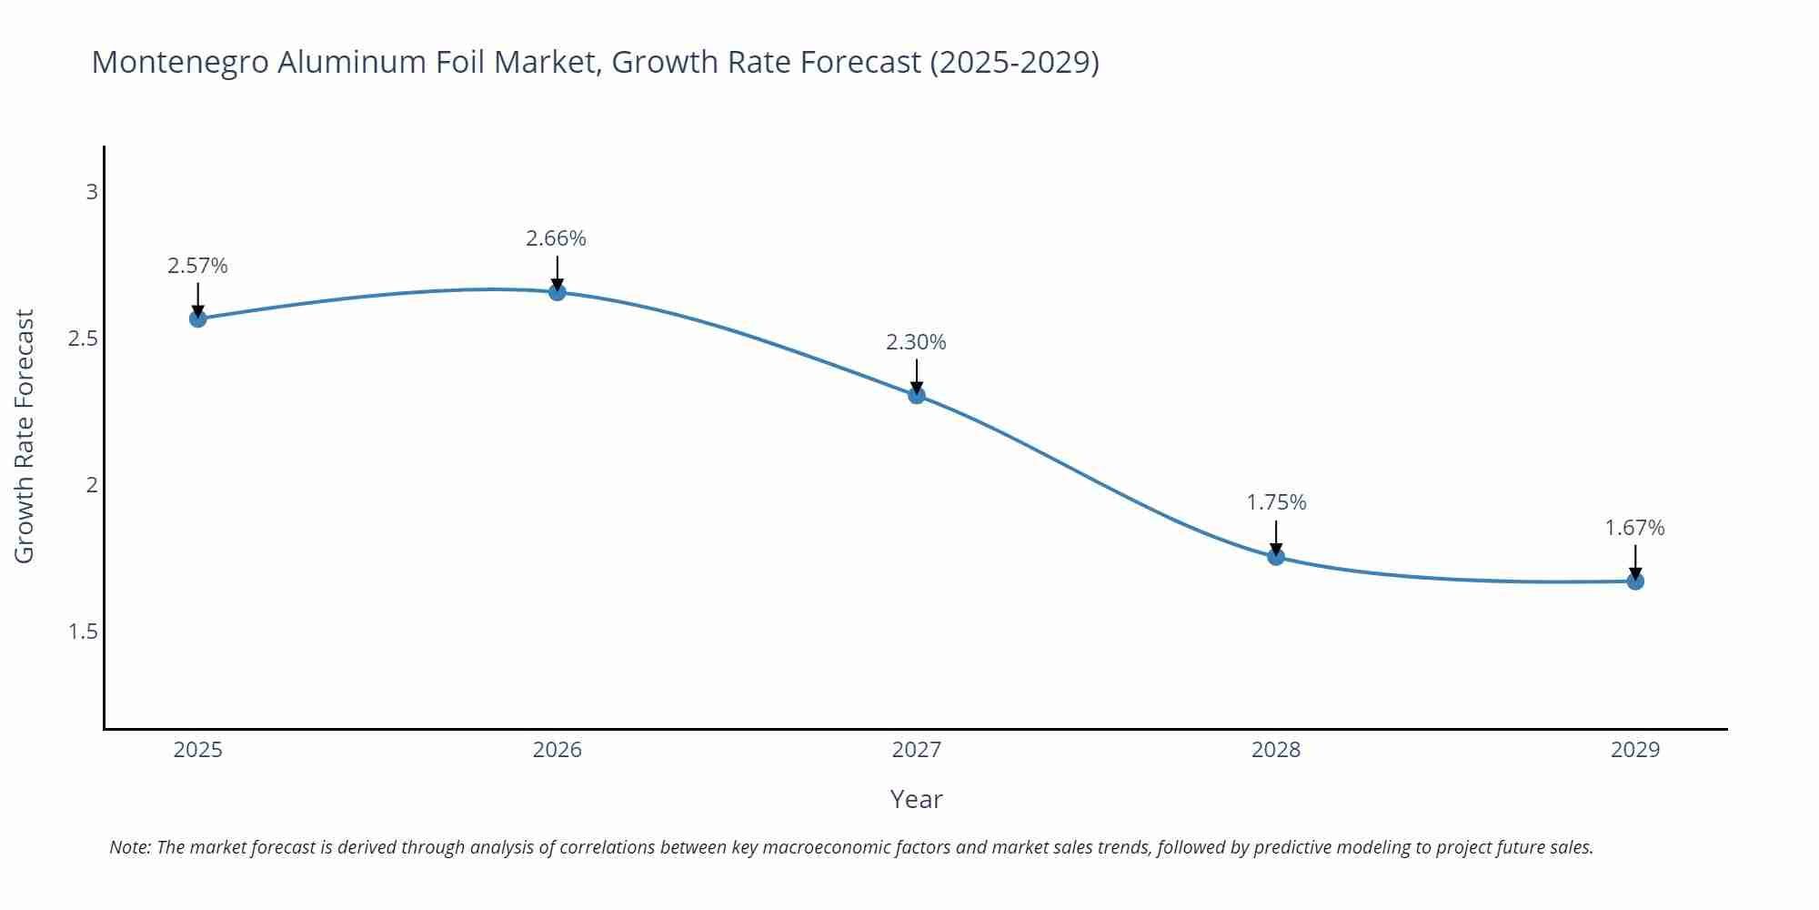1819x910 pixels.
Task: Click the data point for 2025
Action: pos(197,318)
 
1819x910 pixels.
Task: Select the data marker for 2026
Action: pos(557,292)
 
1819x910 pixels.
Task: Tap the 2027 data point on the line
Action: pos(916,395)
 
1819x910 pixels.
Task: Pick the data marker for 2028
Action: pos(1275,557)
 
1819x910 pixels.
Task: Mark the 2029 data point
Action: pos(1634,581)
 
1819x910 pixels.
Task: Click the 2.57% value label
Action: pos(197,266)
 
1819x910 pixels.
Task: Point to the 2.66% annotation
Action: pos(556,238)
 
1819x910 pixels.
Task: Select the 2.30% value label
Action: pos(916,342)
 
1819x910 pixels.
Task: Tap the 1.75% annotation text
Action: pos(1275,502)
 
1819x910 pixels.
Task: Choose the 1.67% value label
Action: pos(1633,528)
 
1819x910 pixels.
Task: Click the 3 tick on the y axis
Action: pos(91,192)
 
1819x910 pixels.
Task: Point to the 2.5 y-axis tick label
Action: pos(83,339)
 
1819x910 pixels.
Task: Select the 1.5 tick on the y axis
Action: pos(83,632)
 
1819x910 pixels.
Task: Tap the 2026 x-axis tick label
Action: pos(557,750)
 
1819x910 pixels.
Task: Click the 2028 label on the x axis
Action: pos(1275,750)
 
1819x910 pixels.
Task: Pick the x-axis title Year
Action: pos(916,799)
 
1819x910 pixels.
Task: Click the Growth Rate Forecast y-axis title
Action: pos(25,437)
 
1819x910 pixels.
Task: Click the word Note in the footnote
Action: pos(129,847)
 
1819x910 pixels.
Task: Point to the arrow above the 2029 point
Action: pos(1634,560)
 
